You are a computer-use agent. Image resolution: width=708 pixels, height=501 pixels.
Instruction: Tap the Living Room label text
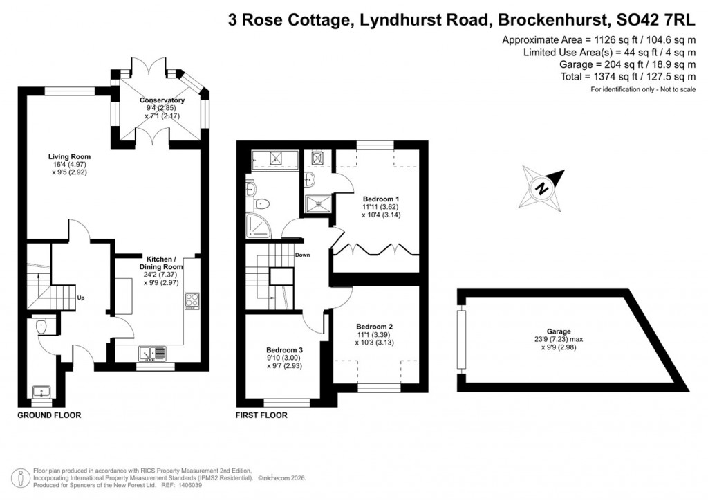[69, 157]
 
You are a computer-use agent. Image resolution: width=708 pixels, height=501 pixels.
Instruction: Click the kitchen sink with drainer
[152, 353]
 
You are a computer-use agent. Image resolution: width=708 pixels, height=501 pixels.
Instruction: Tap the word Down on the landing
[302, 255]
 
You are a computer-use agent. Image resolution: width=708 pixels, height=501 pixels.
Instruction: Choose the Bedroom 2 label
[374, 326]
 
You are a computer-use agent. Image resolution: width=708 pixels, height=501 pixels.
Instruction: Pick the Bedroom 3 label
[284, 349]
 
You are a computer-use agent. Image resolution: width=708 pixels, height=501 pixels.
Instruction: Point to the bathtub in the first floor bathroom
[274, 160]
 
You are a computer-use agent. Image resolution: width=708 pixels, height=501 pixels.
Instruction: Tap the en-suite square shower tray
[318, 201]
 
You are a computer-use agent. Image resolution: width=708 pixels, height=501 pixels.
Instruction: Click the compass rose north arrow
[543, 186]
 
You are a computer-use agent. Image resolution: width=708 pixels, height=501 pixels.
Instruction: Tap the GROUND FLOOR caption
[48, 416]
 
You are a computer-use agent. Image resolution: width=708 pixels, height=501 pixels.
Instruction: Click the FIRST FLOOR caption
[262, 416]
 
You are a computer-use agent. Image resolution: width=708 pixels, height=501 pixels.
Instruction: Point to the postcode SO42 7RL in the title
[654, 20]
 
